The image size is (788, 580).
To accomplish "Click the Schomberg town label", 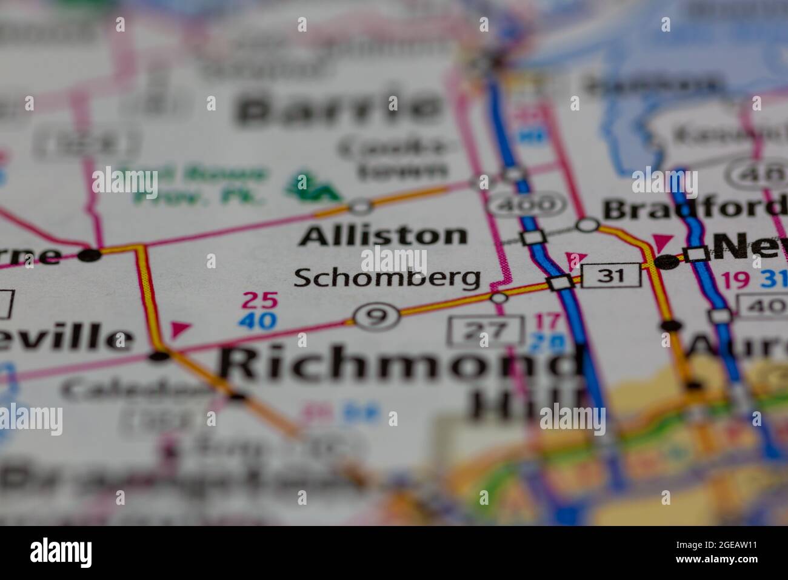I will [387, 278].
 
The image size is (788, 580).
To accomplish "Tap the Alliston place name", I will [383, 235].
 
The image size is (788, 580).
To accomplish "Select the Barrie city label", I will [339, 108].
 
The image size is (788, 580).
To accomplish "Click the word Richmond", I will [397, 364].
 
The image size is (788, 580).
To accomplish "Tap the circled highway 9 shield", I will [377, 315].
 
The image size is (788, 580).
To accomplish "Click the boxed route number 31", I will [611, 276].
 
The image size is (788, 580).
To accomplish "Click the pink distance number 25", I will [260, 300].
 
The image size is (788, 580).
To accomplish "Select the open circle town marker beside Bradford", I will [587, 225].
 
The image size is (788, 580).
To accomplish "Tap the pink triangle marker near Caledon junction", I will [179, 329].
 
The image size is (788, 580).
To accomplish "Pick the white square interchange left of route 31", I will [559, 283].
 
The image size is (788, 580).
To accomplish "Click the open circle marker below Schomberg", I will [498, 297].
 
